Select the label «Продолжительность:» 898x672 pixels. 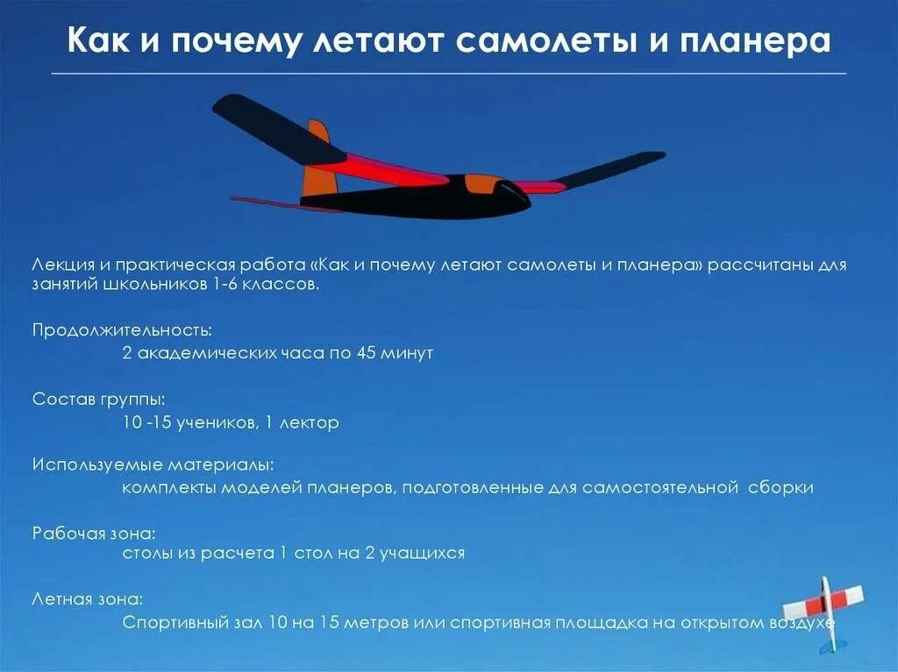pos(122,330)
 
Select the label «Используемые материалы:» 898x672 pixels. pos(153,464)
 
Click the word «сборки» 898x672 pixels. pos(780,487)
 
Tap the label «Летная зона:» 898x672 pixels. pos(88,600)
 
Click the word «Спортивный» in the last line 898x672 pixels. pos(172,623)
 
